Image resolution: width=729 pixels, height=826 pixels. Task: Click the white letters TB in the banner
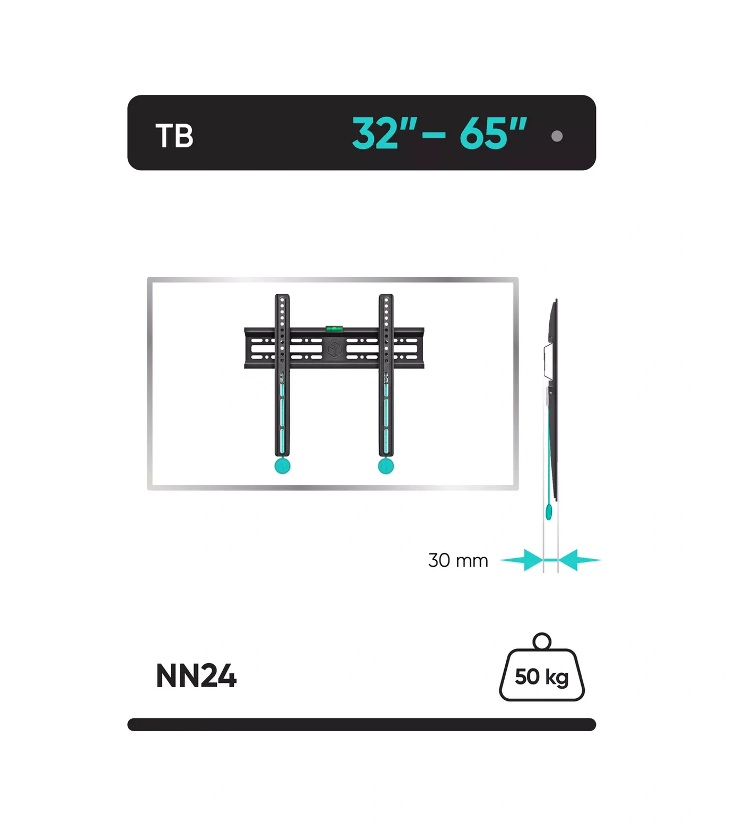tap(174, 136)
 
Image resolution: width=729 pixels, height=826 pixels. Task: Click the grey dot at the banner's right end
tap(557, 136)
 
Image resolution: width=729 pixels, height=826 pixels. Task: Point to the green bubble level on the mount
tap(334, 329)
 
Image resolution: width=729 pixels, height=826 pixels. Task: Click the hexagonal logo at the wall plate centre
tap(334, 349)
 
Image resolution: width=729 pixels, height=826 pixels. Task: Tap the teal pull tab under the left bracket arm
tap(283, 466)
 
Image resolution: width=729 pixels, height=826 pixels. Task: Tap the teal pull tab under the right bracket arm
tap(386, 466)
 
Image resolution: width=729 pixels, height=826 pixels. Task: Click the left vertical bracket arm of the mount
tap(282, 375)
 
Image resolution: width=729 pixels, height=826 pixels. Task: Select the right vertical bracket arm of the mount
tap(386, 375)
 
